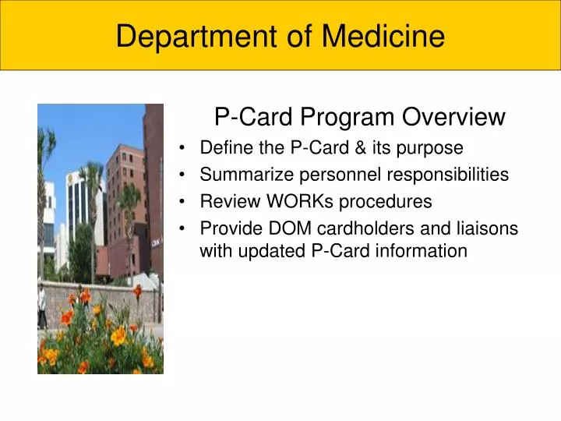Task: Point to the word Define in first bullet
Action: [x=224, y=147]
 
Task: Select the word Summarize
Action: [x=240, y=175]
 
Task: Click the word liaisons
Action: [x=490, y=229]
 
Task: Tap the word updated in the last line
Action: [x=269, y=250]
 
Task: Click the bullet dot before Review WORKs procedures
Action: [x=182, y=203]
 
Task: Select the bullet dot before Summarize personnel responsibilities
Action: [x=182, y=175]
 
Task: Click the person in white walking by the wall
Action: [x=41, y=306]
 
